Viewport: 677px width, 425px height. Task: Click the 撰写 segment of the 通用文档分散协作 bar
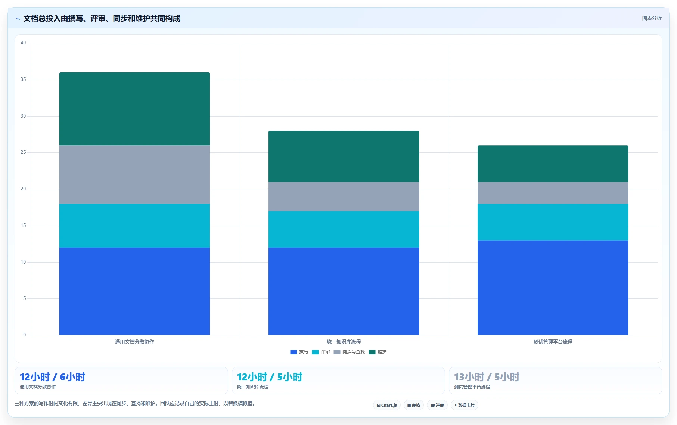pyautogui.click(x=134, y=291)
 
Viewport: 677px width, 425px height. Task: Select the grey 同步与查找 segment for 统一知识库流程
pyautogui.click(x=344, y=196)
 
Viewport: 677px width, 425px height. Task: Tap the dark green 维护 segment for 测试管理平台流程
pyautogui.click(x=553, y=164)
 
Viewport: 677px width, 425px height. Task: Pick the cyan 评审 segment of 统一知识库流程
pyautogui.click(x=344, y=229)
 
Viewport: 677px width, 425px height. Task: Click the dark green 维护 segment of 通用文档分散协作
pyautogui.click(x=134, y=109)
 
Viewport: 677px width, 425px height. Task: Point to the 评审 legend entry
pyautogui.click(x=321, y=352)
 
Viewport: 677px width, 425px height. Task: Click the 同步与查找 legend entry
pyautogui.click(x=349, y=352)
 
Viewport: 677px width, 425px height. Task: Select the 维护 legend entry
pyautogui.click(x=378, y=352)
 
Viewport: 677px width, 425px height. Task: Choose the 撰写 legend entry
pyautogui.click(x=299, y=352)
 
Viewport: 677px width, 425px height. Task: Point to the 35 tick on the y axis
pyautogui.click(x=23, y=80)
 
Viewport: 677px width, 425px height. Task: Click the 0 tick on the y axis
pyautogui.click(x=25, y=335)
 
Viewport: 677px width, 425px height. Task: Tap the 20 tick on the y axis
pyautogui.click(x=23, y=189)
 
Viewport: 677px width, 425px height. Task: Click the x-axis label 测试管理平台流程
pyautogui.click(x=553, y=342)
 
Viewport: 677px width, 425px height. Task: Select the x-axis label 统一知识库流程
pyautogui.click(x=344, y=342)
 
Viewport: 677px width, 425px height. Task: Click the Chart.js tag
pyautogui.click(x=387, y=405)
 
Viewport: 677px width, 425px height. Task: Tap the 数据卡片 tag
pyautogui.click(x=465, y=405)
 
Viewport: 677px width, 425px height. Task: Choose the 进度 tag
pyautogui.click(x=437, y=405)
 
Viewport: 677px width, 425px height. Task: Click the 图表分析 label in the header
pyautogui.click(x=652, y=18)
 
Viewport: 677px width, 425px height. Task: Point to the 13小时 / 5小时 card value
pyautogui.click(x=487, y=377)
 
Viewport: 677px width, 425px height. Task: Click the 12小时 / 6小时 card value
pyautogui.click(x=52, y=377)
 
